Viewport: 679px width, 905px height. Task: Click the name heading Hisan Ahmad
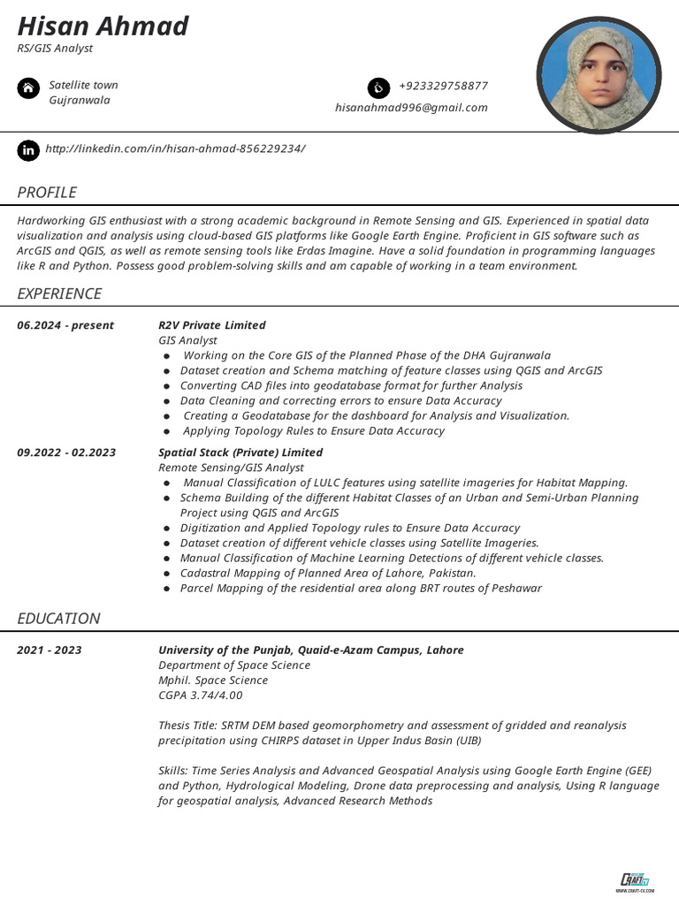[x=103, y=26]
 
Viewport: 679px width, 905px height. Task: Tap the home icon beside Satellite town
[x=28, y=88]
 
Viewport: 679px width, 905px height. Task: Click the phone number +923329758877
[x=443, y=86]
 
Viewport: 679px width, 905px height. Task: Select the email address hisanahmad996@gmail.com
[x=411, y=108]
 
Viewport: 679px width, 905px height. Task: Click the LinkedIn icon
[x=28, y=150]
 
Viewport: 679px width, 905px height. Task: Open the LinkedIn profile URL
[x=175, y=148]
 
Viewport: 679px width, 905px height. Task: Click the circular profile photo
[x=599, y=75]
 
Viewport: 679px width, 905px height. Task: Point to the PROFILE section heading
[x=47, y=193]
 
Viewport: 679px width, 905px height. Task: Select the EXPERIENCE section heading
[x=59, y=293]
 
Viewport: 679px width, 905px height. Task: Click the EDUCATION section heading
[x=58, y=619]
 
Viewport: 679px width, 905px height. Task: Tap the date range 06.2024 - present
[x=65, y=325]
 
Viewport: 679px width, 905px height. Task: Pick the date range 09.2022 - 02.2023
[x=66, y=452]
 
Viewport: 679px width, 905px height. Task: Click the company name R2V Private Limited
[x=211, y=325]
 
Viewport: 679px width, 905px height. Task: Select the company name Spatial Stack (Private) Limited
[x=240, y=452]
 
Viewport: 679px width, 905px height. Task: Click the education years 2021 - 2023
[x=50, y=650]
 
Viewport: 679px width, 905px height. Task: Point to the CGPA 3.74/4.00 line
[x=200, y=696]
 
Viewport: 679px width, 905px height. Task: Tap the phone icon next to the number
[x=378, y=87]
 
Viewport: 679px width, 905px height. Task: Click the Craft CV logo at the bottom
[x=634, y=880]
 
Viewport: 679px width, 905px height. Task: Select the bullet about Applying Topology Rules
[x=313, y=431]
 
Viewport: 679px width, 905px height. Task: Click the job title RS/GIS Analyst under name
[x=55, y=49]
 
